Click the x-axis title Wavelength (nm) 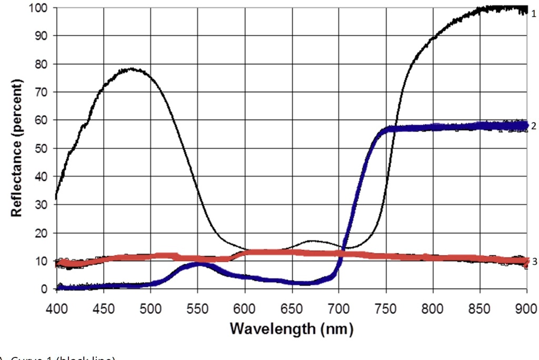tap(291, 330)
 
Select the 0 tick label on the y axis tap(45, 289)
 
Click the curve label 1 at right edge tap(533, 14)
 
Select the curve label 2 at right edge tap(533, 126)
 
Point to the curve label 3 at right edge tap(533, 262)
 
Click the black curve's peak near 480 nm tap(132, 69)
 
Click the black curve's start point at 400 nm tap(56, 198)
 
